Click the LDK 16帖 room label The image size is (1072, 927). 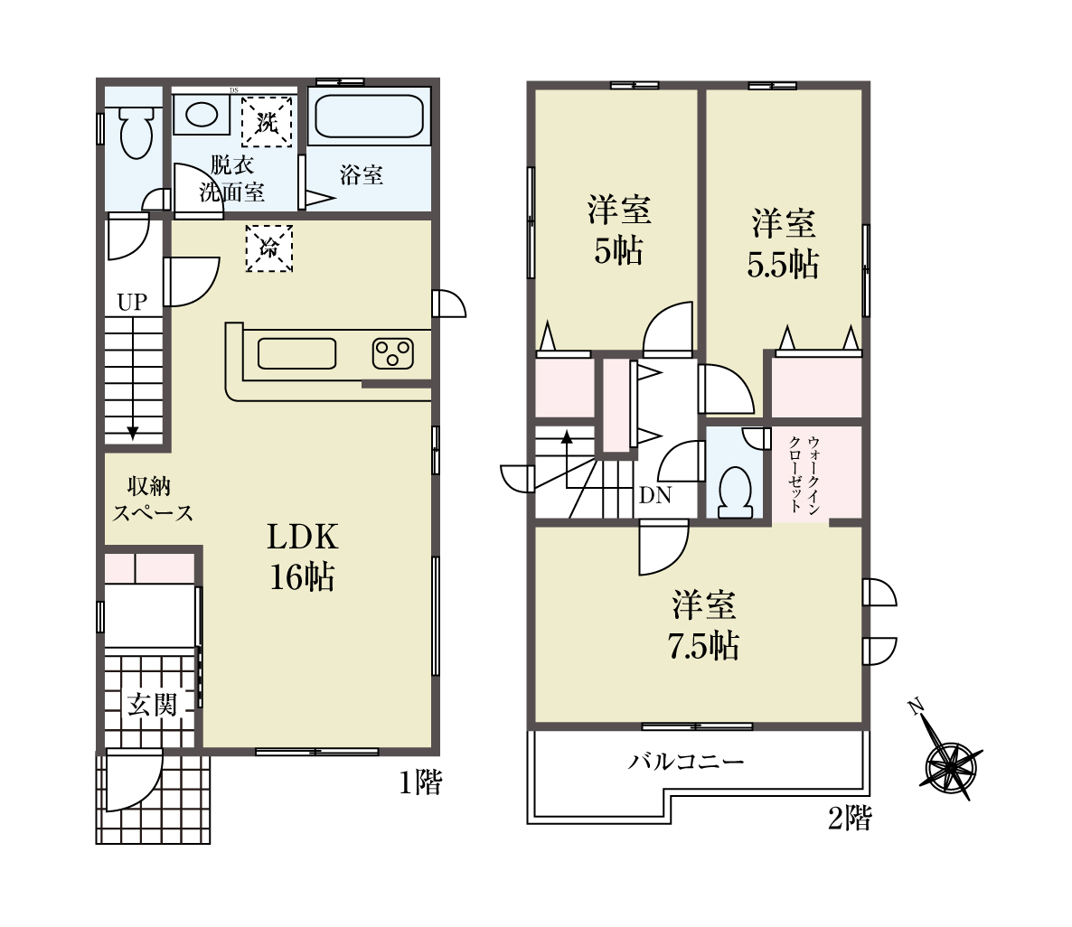pyautogui.click(x=302, y=557)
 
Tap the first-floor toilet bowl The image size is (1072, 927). pyautogui.click(x=136, y=133)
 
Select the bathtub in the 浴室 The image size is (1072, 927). pyautogui.click(x=369, y=117)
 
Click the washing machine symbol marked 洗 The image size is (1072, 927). pyautogui.click(x=267, y=122)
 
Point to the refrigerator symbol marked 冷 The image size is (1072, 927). pyautogui.click(x=269, y=248)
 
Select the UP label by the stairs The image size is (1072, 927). pyautogui.click(x=132, y=302)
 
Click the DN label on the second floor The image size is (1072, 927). pyautogui.click(x=655, y=495)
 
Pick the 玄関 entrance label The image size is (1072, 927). pyautogui.click(x=153, y=704)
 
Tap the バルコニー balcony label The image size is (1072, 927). pyautogui.click(x=686, y=761)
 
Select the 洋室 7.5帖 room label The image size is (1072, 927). pyautogui.click(x=703, y=625)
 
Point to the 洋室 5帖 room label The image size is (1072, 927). pyautogui.click(x=619, y=230)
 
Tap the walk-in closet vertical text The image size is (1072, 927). pyautogui.click(x=804, y=473)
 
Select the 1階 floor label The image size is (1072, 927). pyautogui.click(x=421, y=782)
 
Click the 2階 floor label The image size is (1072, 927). pyautogui.click(x=850, y=818)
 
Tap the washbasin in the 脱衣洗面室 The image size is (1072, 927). pyautogui.click(x=202, y=114)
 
